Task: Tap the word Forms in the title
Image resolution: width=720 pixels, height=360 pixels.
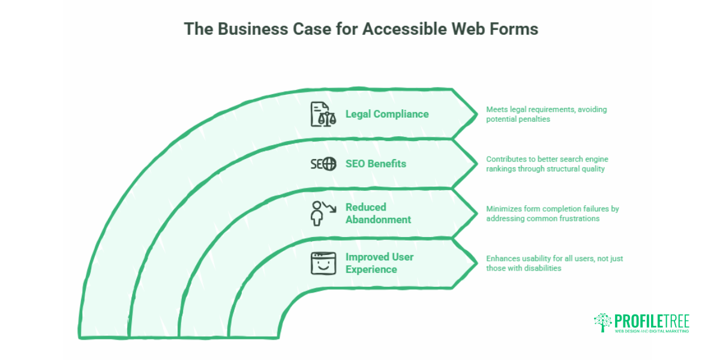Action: tap(514, 29)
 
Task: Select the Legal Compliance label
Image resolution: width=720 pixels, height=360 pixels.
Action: tap(387, 114)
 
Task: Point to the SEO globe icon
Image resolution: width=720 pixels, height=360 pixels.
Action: tap(330, 164)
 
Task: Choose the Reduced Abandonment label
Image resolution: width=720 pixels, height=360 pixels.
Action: tap(378, 213)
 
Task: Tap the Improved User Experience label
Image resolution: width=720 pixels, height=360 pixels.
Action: tap(379, 263)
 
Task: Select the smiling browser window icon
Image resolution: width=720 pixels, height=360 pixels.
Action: tap(323, 263)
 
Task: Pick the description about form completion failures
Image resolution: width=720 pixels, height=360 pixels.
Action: tap(552, 214)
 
